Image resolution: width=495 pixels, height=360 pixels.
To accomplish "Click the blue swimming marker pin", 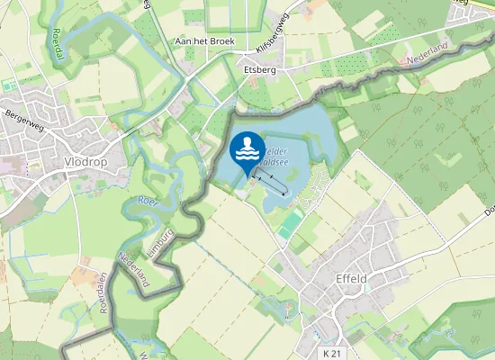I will [247, 152].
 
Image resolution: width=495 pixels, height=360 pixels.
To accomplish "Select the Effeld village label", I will [350, 278].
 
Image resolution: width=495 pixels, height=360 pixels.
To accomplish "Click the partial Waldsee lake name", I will [276, 154].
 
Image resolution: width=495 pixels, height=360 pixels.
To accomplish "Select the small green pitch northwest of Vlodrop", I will [10, 85].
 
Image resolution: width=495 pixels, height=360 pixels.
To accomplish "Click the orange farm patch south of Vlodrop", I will [85, 267].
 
